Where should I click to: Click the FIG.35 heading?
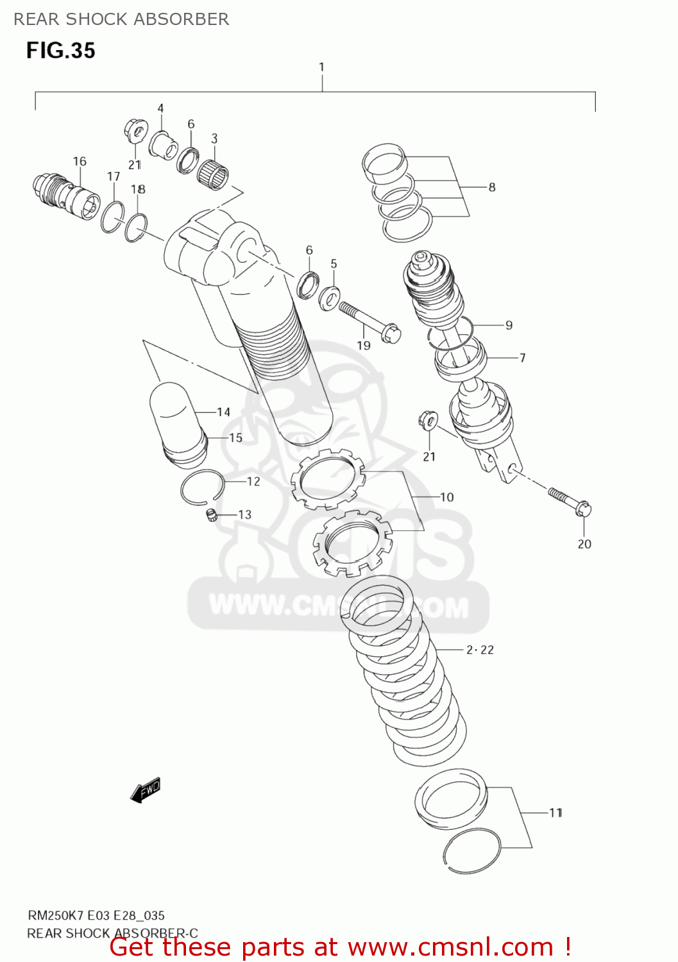[60, 51]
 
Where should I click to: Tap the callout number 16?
[80, 162]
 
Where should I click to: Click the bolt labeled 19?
[369, 320]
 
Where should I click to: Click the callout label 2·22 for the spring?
[480, 650]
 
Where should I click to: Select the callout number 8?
[492, 187]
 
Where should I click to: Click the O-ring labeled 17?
[113, 217]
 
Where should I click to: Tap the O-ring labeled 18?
[137, 228]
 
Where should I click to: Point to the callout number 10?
[446, 497]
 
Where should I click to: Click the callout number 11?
[555, 813]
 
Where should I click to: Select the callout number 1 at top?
[321, 67]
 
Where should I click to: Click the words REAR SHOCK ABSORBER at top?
[121, 19]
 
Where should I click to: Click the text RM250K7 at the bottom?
[55, 915]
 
